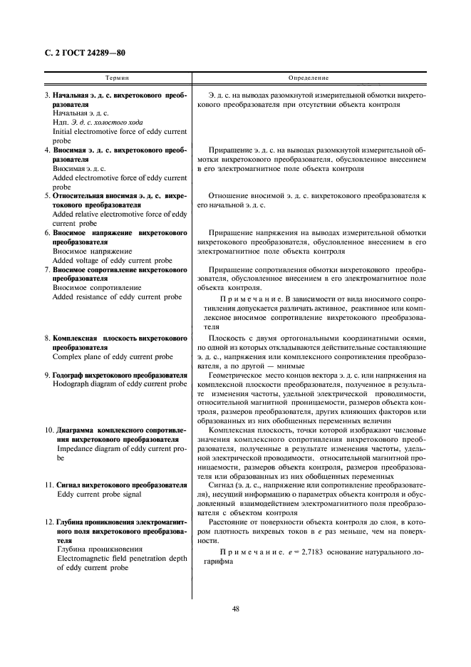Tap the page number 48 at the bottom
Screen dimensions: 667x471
point(234,609)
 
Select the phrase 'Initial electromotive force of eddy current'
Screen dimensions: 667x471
point(120,131)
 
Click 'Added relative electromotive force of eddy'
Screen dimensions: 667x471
point(120,214)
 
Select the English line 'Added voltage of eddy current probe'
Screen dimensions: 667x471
point(112,260)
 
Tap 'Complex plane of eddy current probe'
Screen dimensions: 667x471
point(113,356)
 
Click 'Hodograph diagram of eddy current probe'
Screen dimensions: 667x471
point(120,384)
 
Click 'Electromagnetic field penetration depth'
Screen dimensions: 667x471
point(120,559)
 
